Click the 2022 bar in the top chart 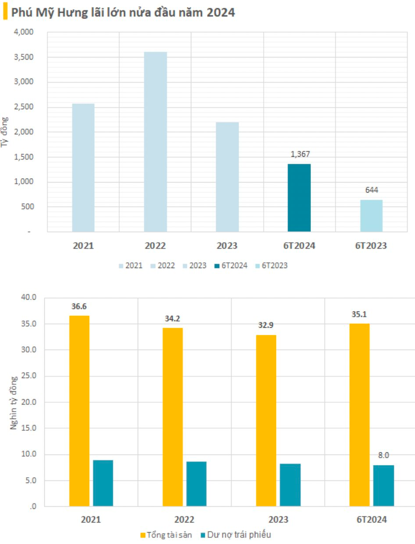155,141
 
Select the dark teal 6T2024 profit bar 299,197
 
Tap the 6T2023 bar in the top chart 371,215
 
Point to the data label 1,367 301,154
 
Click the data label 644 372,190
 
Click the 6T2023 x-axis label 371,246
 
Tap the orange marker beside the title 5,13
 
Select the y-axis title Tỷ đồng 5,131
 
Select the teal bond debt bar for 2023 290,484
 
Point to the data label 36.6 79,307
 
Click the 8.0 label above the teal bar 383,455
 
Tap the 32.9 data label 266,326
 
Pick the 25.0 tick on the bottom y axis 30,376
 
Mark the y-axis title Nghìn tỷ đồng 14,402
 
